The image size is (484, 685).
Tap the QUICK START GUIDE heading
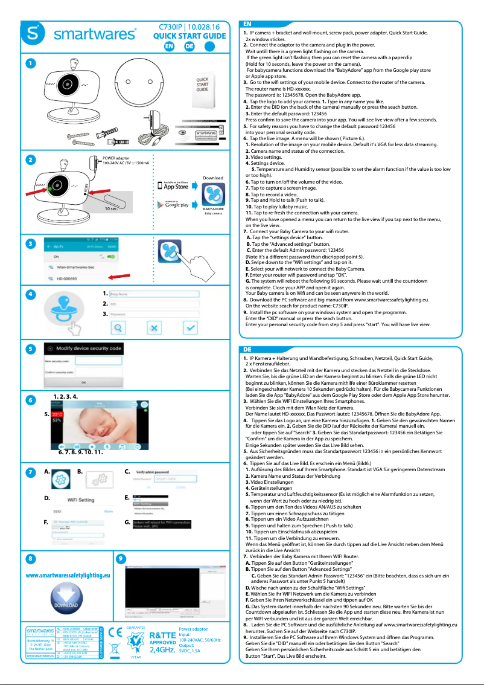pos(189,36)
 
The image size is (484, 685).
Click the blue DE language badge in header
pos(189,46)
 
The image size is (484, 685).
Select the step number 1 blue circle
pos(30,63)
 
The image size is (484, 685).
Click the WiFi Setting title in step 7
pos(80,500)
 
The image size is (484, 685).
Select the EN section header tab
pos(249,23)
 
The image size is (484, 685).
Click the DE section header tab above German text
pos(247,350)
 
